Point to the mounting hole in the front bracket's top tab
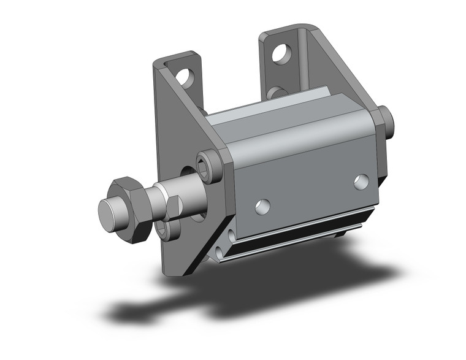pyautogui.click(x=185, y=76)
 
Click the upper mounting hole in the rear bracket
pyautogui.click(x=281, y=55)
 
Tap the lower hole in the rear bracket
pyautogui.click(x=277, y=93)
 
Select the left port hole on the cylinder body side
pyautogui.click(x=262, y=206)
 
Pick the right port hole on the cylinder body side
pyautogui.click(x=361, y=181)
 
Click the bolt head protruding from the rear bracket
pyautogui.click(x=384, y=121)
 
